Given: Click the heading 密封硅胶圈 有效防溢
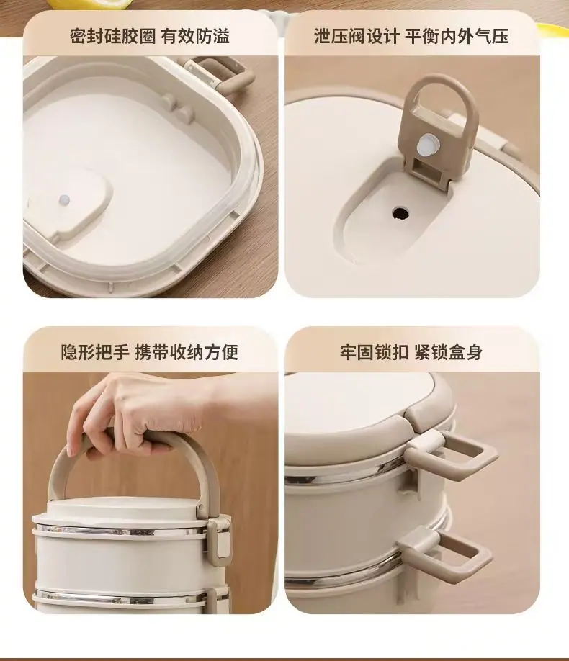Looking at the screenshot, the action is tap(150, 36).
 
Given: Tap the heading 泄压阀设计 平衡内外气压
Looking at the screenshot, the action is tap(411, 36).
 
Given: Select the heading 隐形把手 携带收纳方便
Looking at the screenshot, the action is tap(150, 352).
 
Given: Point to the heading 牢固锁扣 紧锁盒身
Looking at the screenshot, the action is tap(411, 352).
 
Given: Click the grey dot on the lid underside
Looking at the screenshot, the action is tap(64, 199).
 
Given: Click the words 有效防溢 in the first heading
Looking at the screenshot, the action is tap(195, 36).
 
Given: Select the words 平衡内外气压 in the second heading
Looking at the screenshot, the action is tap(457, 36).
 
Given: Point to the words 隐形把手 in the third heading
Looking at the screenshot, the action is tap(95, 352).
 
